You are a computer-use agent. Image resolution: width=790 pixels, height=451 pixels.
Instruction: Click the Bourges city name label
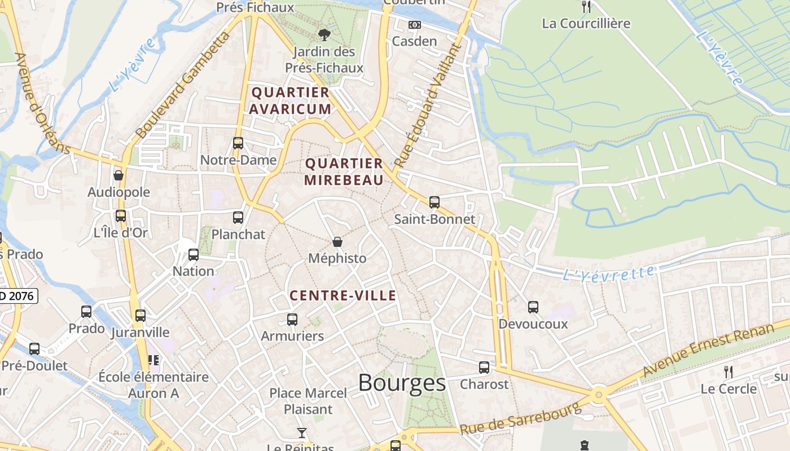click(x=402, y=383)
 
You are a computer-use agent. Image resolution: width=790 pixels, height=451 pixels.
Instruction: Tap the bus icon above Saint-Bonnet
click(x=434, y=202)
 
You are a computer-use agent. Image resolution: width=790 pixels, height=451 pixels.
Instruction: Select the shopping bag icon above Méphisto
click(x=337, y=242)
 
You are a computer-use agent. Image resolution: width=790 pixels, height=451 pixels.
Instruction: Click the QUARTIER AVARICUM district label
click(x=291, y=100)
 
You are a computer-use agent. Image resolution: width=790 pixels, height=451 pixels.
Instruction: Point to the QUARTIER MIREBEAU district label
click(x=344, y=172)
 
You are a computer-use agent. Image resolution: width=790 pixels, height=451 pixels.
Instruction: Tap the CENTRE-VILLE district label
click(x=343, y=295)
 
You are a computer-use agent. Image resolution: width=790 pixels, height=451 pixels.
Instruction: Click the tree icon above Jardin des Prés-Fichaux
click(x=324, y=35)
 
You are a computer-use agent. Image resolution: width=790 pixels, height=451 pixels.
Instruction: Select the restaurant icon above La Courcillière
click(x=586, y=7)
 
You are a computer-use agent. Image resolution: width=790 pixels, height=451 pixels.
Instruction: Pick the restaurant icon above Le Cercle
click(x=728, y=372)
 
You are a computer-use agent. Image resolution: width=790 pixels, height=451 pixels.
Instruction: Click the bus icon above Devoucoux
click(x=533, y=307)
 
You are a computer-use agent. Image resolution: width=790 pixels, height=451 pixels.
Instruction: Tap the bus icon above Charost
click(x=484, y=368)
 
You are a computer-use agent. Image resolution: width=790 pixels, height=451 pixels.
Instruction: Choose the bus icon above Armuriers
click(x=292, y=320)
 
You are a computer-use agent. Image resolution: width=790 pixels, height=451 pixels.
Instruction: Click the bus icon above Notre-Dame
click(x=238, y=143)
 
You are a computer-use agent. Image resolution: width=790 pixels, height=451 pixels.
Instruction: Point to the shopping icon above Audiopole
click(x=118, y=175)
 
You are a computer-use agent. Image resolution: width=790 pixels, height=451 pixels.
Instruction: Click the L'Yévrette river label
click(x=609, y=273)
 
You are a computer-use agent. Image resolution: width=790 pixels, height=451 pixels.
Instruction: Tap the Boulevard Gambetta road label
click(x=184, y=85)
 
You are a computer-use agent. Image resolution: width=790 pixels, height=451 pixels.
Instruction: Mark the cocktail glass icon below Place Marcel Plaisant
click(x=302, y=433)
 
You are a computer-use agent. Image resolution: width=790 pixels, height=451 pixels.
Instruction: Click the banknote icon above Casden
click(x=415, y=25)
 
